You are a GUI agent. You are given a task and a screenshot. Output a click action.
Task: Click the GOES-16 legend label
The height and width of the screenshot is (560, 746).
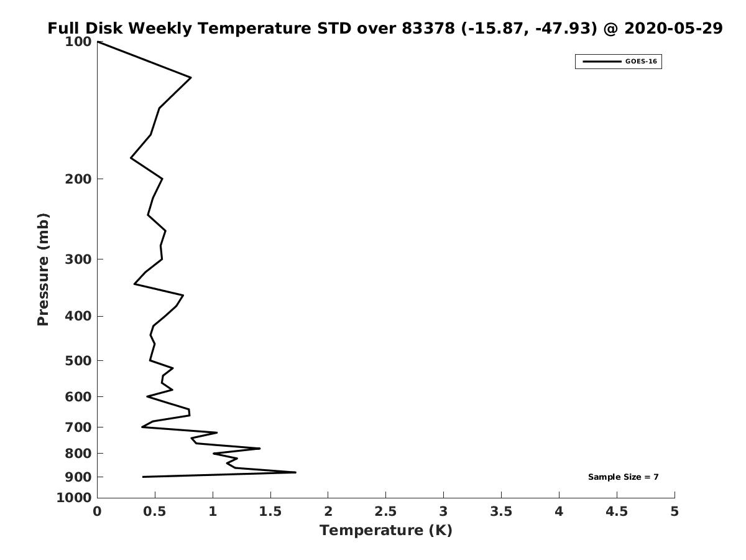tap(641, 62)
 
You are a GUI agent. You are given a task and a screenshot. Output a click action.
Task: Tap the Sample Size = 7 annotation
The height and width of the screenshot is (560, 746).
tap(624, 477)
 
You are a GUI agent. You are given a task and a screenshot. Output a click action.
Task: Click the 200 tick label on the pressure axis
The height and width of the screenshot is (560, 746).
tap(78, 179)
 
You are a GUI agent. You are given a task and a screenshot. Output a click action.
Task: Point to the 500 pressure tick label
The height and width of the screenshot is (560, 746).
tap(78, 360)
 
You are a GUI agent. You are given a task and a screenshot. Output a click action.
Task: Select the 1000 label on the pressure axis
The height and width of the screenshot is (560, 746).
tap(74, 498)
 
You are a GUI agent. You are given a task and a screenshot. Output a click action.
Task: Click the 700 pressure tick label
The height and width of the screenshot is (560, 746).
tap(78, 427)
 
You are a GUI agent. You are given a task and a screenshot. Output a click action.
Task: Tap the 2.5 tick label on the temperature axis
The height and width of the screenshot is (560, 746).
tap(385, 511)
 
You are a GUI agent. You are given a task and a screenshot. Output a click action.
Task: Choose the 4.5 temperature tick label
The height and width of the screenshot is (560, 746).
tap(617, 511)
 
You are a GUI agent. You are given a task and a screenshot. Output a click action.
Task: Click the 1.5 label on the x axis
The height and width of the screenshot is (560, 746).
tap(270, 511)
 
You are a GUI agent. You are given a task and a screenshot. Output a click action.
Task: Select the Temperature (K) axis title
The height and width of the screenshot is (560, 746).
tap(386, 530)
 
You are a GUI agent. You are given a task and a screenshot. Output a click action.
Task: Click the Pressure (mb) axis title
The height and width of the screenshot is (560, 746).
tap(43, 269)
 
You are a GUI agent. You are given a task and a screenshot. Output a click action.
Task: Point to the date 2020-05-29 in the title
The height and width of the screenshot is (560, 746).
tap(673, 28)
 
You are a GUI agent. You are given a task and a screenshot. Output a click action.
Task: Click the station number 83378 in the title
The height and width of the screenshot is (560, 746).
tap(428, 28)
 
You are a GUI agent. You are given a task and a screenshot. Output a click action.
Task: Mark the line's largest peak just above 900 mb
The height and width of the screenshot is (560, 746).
tap(295, 472)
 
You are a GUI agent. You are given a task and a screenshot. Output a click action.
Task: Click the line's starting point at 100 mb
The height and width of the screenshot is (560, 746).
tap(98, 42)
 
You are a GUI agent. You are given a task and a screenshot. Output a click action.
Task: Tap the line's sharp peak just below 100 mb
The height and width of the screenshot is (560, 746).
tap(191, 78)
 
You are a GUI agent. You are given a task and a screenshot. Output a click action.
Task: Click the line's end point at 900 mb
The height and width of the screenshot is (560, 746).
tap(143, 477)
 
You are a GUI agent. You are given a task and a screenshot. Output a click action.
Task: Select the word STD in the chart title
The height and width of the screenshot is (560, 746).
tap(334, 28)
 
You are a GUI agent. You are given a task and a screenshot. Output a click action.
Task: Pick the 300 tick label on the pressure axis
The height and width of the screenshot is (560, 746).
tap(78, 259)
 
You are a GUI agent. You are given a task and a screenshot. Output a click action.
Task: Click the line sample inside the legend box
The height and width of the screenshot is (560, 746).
tap(602, 62)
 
